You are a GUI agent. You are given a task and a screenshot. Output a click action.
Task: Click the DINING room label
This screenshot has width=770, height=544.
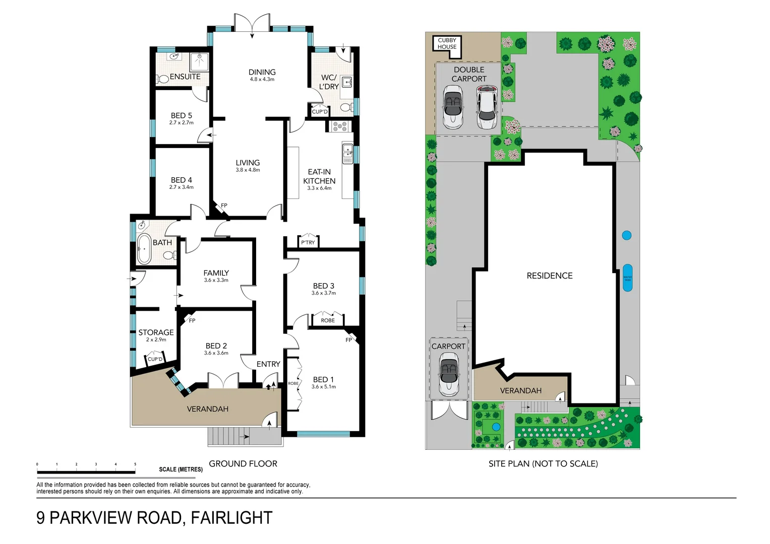pyautogui.click(x=262, y=73)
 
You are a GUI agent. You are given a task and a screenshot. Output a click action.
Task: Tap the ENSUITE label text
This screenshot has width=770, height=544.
pyautogui.click(x=185, y=77)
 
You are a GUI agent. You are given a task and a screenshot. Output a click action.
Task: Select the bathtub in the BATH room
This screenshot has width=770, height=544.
pyautogui.click(x=144, y=249)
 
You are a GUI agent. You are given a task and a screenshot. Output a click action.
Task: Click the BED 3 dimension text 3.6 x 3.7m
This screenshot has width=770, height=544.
pyautogui.click(x=323, y=293)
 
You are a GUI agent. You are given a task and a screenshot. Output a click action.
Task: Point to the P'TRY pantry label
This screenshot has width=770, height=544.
pyautogui.click(x=308, y=242)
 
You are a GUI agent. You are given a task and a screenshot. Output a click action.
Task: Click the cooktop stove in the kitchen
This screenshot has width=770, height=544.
pyautogui.click(x=339, y=126)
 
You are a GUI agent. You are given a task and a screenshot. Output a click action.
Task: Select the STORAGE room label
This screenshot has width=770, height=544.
pyautogui.click(x=156, y=332)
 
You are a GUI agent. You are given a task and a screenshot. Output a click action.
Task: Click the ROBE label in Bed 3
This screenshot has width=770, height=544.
pyautogui.click(x=327, y=320)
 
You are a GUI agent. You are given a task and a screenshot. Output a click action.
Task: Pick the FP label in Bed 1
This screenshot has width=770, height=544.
pyautogui.click(x=348, y=340)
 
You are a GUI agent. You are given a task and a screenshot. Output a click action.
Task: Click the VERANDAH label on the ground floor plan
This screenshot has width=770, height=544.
pyautogui.click(x=207, y=409)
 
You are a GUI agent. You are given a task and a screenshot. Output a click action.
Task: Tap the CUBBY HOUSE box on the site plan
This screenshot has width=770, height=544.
pyautogui.click(x=447, y=43)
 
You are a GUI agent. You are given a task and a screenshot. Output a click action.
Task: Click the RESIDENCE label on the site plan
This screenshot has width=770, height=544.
pyautogui.click(x=549, y=276)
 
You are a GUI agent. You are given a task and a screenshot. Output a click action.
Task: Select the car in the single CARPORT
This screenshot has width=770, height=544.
pyautogui.click(x=448, y=373)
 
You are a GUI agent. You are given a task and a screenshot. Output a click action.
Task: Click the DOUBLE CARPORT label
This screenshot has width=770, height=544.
pyautogui.click(x=468, y=74)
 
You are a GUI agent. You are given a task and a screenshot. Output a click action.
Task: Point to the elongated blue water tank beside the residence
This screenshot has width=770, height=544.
pyautogui.click(x=627, y=278)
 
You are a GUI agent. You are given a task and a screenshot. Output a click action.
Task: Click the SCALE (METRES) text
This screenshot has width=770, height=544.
pyautogui.click(x=181, y=469)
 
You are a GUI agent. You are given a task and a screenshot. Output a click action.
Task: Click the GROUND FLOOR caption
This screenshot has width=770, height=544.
pyautogui.click(x=243, y=463)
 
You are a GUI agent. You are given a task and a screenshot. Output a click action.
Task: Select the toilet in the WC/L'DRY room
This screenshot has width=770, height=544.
pyautogui.click(x=346, y=107)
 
